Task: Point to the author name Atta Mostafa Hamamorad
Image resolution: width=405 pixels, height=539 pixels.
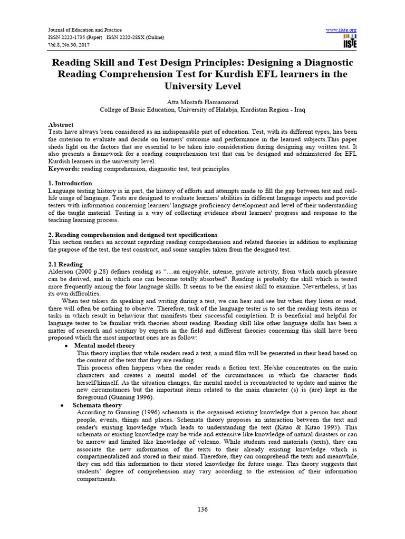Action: [x=202, y=101]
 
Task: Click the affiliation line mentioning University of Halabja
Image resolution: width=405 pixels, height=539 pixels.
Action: [x=202, y=110]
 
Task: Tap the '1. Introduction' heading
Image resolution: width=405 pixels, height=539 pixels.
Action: [x=70, y=183]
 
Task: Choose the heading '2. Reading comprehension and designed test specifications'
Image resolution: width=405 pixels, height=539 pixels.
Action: [x=132, y=234]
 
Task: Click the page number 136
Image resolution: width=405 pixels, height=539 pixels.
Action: [x=202, y=509]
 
